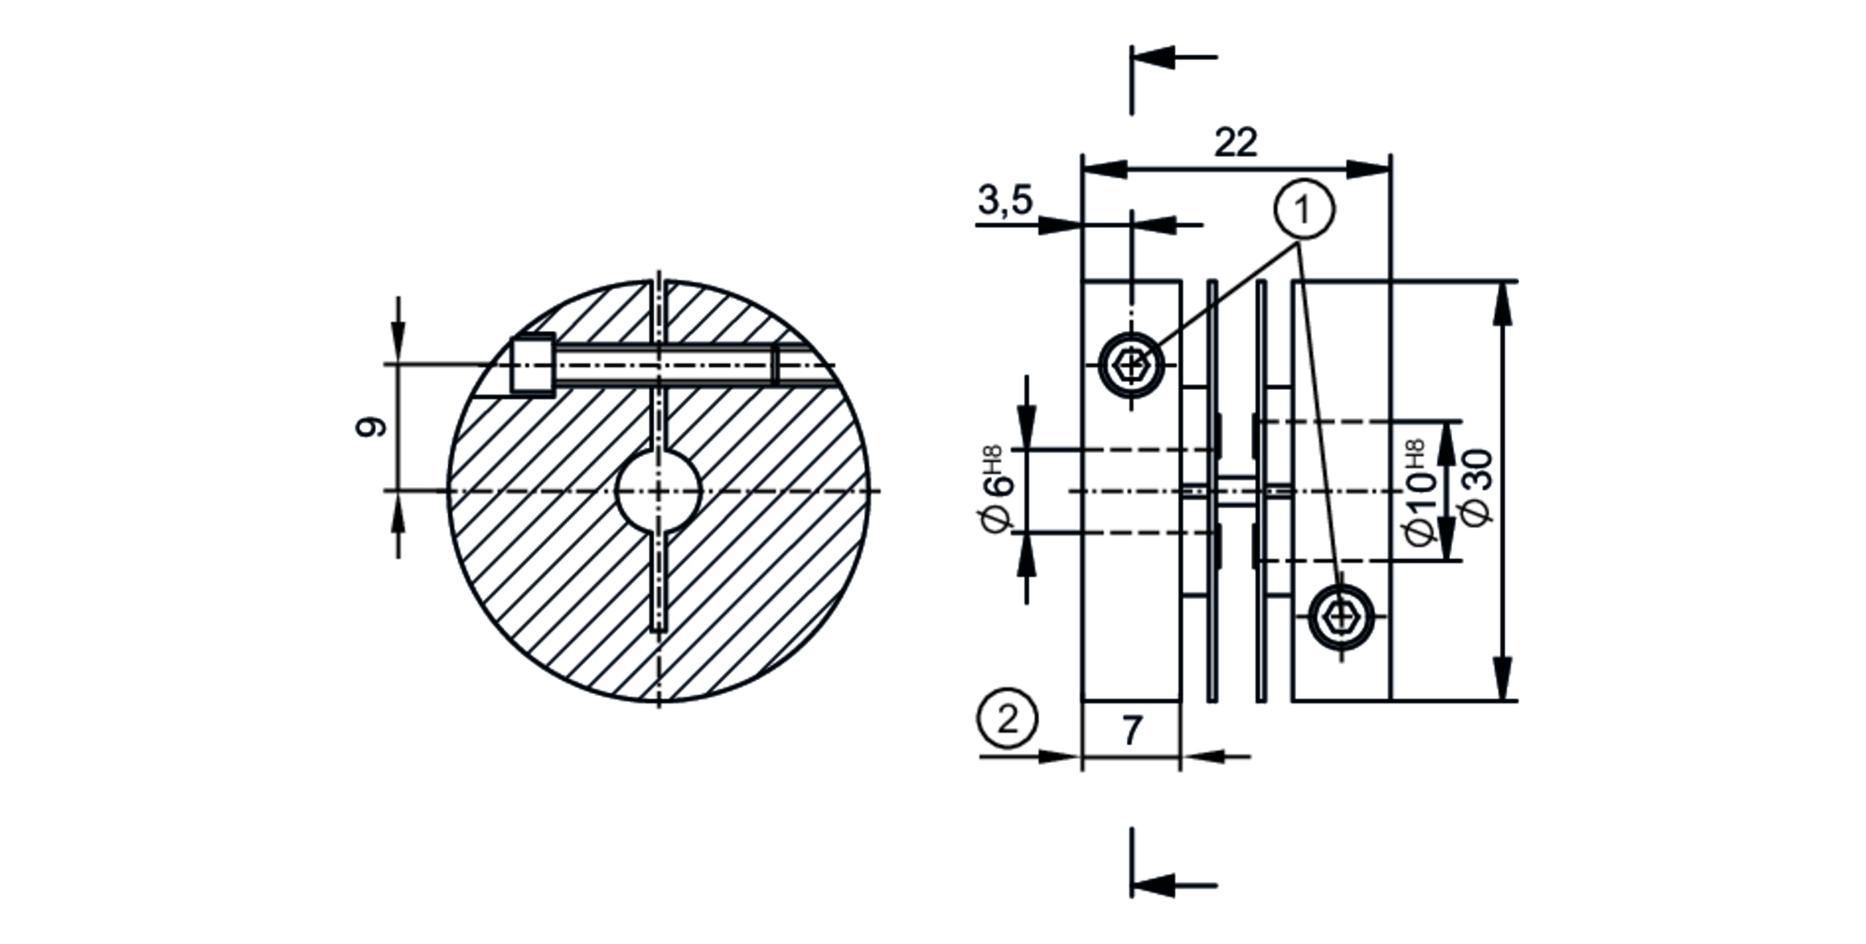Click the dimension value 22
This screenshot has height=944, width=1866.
click(1235, 142)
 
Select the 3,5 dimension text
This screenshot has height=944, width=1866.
click(1005, 200)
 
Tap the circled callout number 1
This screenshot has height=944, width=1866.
click(1303, 210)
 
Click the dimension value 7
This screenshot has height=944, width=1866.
click(1131, 730)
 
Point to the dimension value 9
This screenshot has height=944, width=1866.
click(372, 427)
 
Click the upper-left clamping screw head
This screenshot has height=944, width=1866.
click(1131, 364)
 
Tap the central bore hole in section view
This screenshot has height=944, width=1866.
click(659, 491)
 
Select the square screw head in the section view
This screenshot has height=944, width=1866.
click(533, 366)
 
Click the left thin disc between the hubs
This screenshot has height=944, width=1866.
click(1212, 491)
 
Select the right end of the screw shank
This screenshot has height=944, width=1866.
click(774, 365)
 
